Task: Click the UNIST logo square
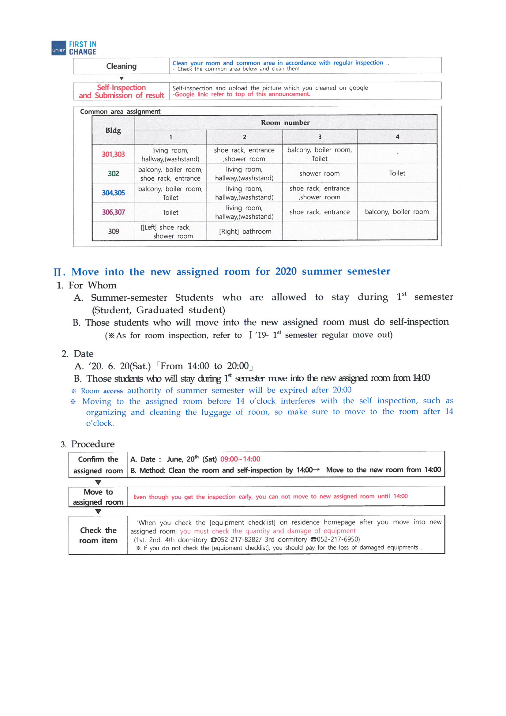[58, 48]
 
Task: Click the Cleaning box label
[121, 66]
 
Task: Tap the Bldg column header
[113, 130]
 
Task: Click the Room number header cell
[285, 123]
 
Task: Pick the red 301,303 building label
[113, 154]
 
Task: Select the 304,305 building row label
[113, 193]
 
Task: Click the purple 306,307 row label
[113, 212]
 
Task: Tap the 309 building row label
[114, 232]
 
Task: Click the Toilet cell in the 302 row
[397, 173]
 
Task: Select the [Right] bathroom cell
[245, 232]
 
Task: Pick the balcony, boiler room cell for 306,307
[397, 212]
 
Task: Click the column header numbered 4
[397, 137]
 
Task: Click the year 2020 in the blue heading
[286, 272]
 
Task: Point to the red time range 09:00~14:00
[240, 459]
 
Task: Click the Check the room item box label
[98, 535]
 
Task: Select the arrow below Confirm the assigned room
[98, 482]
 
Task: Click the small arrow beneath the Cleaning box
[122, 78]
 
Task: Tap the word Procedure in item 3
[92, 444]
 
